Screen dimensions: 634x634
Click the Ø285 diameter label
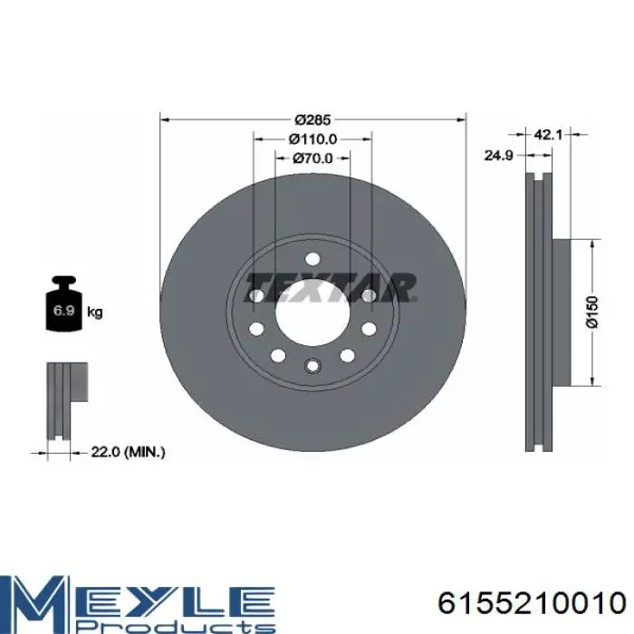click(312, 120)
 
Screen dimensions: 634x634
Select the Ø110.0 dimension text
click(312, 139)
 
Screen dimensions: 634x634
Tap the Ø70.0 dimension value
click(312, 158)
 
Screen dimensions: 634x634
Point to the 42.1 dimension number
click(548, 135)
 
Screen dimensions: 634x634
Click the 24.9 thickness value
click(498, 155)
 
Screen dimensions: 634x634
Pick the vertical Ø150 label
click(592, 312)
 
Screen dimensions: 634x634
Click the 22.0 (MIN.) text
click(128, 452)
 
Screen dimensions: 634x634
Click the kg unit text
click(95, 312)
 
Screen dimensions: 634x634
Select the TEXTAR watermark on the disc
click(330, 287)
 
